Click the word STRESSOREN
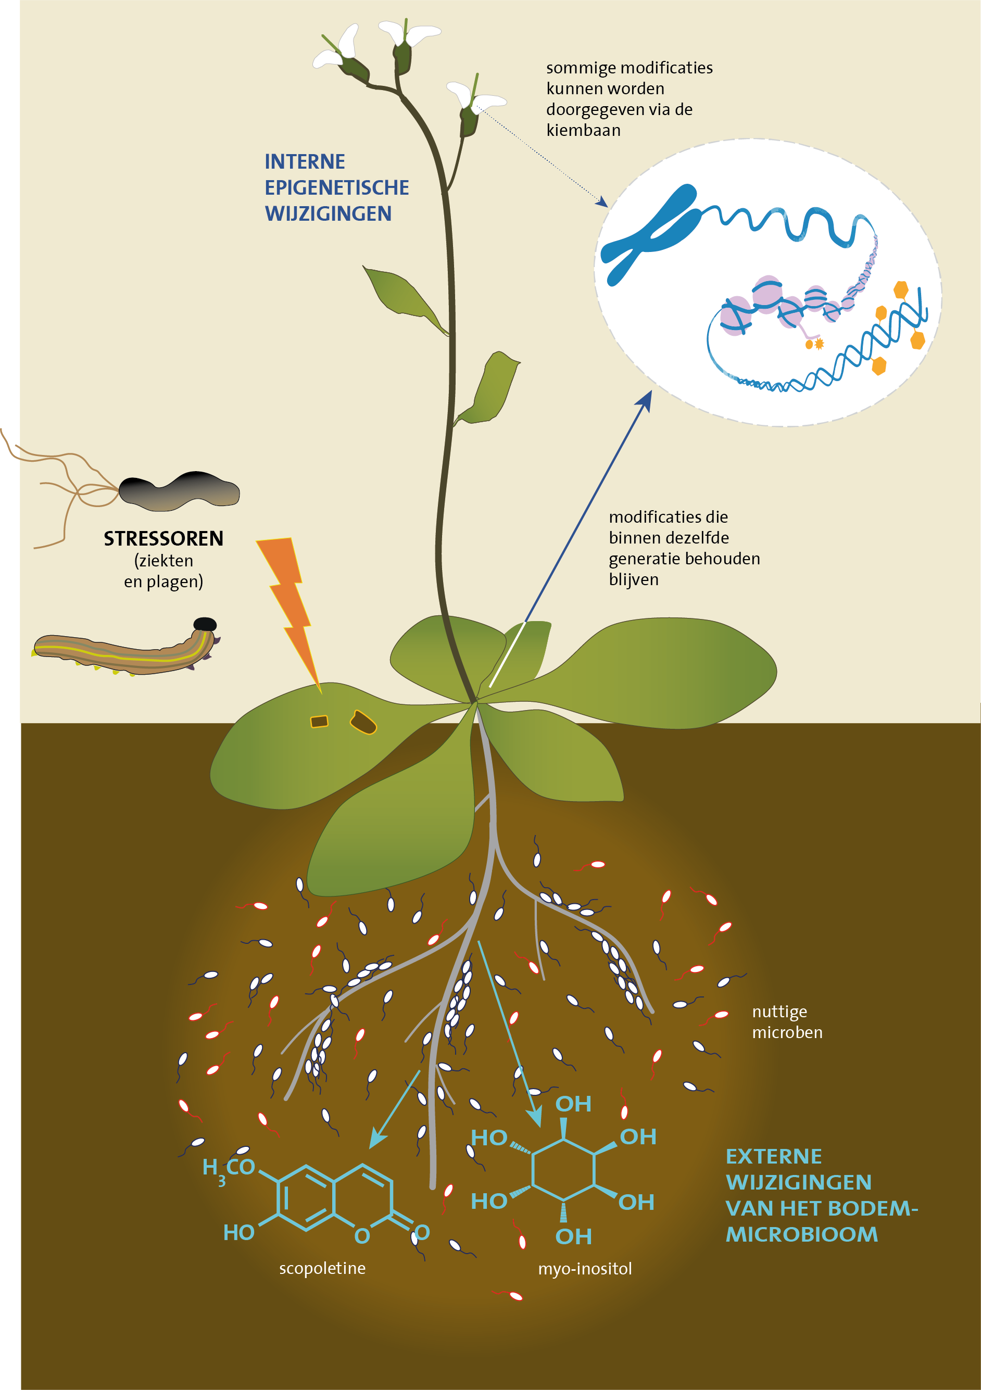[x=164, y=538]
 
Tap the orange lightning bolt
[x=290, y=605]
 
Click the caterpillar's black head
[x=205, y=624]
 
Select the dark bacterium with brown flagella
[x=179, y=490]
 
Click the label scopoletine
[x=322, y=1268]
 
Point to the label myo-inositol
[x=585, y=1268]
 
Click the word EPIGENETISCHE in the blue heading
[x=337, y=187]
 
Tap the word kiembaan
[x=583, y=130]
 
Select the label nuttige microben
[x=787, y=1022]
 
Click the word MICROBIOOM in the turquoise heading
[x=802, y=1234]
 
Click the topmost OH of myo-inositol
[x=573, y=1104]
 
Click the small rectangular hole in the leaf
[x=319, y=721]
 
